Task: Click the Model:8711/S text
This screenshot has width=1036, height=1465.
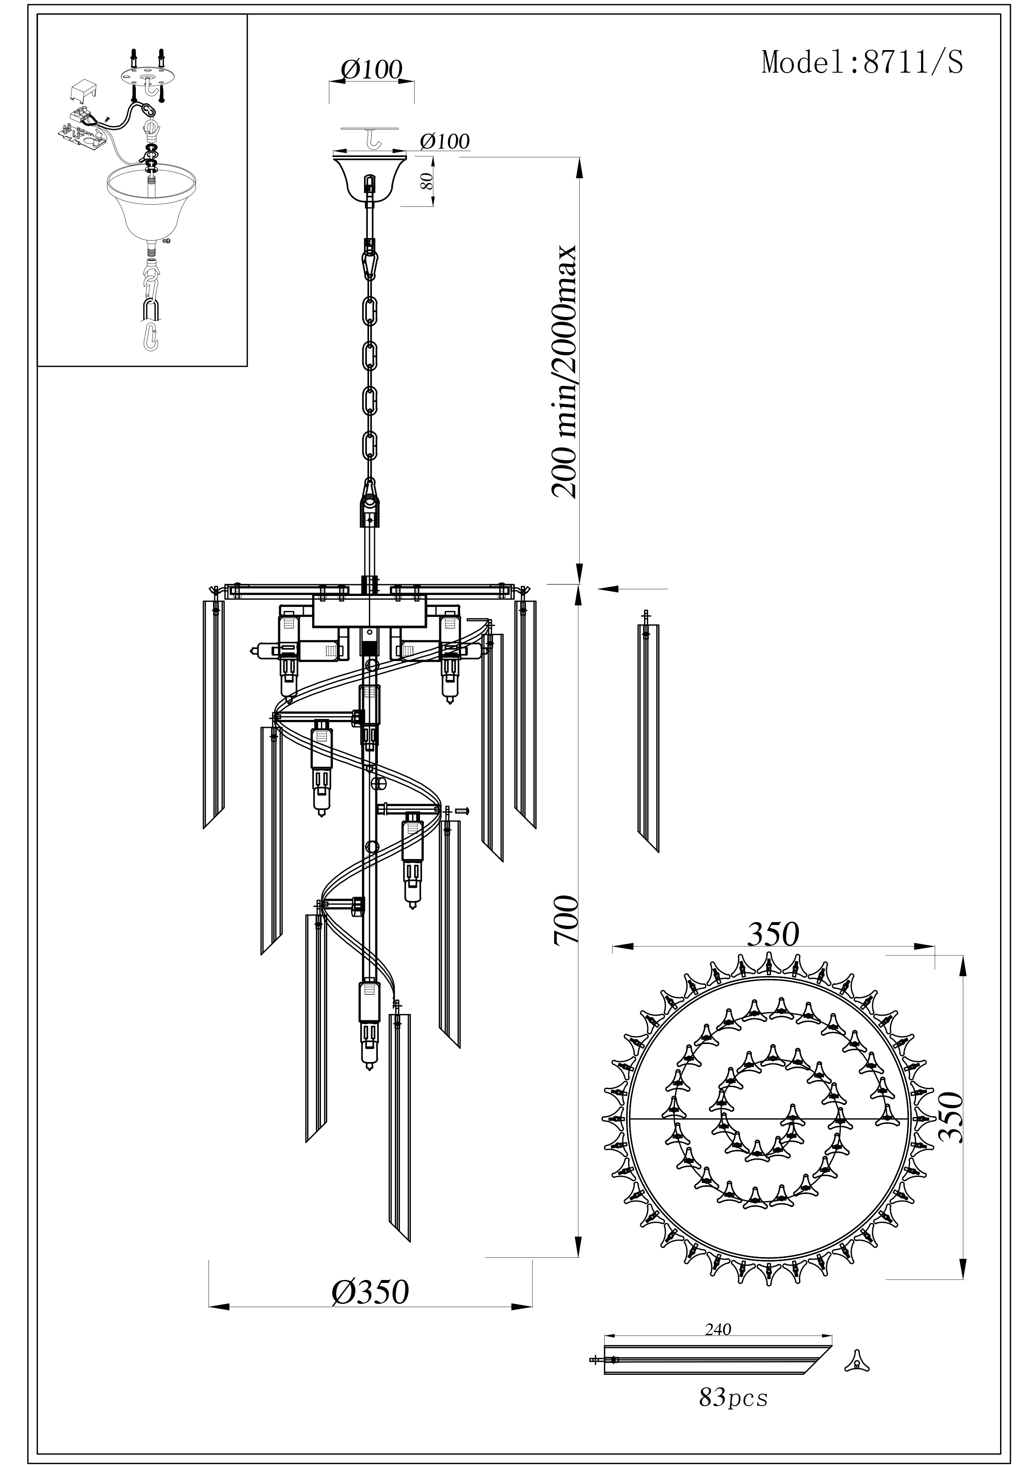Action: click(x=863, y=63)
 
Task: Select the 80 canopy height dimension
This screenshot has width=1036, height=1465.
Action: click(x=426, y=180)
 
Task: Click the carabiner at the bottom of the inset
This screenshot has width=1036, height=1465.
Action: click(x=149, y=336)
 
